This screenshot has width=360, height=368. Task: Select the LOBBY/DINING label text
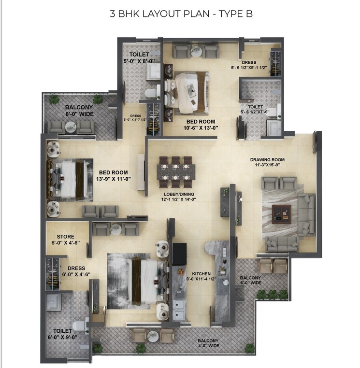click(x=178, y=194)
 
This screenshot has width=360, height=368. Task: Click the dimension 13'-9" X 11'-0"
click(x=113, y=180)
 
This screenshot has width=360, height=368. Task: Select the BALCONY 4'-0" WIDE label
click(x=208, y=343)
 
